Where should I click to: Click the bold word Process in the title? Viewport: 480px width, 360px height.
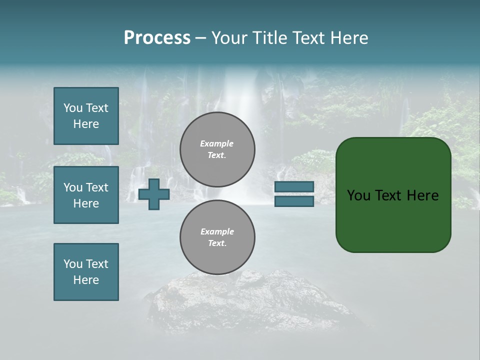click(x=157, y=38)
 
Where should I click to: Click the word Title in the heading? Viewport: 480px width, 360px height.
click(x=268, y=38)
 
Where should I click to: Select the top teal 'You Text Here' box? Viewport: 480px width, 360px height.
click(x=86, y=116)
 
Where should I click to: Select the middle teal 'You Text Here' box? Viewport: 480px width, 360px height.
click(x=86, y=195)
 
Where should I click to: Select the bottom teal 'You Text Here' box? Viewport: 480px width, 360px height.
click(x=86, y=272)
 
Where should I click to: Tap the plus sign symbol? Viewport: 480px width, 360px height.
click(x=154, y=194)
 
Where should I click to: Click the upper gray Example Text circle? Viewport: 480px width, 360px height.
click(x=217, y=149)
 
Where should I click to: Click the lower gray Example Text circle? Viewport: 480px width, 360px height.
click(x=217, y=237)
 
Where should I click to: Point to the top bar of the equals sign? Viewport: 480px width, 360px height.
click(x=294, y=187)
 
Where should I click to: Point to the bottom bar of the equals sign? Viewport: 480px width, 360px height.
click(x=294, y=201)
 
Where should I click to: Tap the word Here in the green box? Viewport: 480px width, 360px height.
click(x=422, y=195)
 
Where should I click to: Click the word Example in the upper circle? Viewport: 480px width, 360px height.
click(x=216, y=144)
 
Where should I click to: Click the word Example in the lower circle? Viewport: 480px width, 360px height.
click(x=217, y=232)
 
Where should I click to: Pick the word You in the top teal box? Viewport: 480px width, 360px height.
click(x=72, y=108)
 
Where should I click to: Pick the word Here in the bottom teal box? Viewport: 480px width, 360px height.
click(x=86, y=280)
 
